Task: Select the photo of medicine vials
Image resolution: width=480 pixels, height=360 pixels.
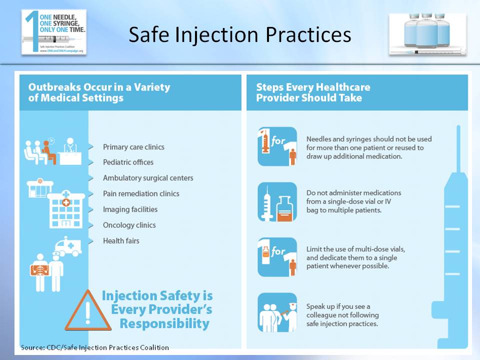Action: coord(427,33)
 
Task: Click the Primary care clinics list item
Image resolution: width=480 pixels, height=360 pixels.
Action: coord(133,147)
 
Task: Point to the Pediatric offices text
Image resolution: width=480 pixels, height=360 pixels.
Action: coord(128,162)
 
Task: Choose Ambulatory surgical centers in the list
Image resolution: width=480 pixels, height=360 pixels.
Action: coord(148,178)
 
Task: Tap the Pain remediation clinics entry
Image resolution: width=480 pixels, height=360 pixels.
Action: coord(141,193)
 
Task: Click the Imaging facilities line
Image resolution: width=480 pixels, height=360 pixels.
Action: coord(130,209)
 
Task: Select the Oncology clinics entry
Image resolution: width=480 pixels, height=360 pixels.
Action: coord(129,225)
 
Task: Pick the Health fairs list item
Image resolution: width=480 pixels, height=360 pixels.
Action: coord(121,241)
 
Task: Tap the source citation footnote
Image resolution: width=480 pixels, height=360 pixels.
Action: coord(95,347)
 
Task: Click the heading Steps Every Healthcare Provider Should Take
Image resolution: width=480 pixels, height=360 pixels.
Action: coord(313,92)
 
